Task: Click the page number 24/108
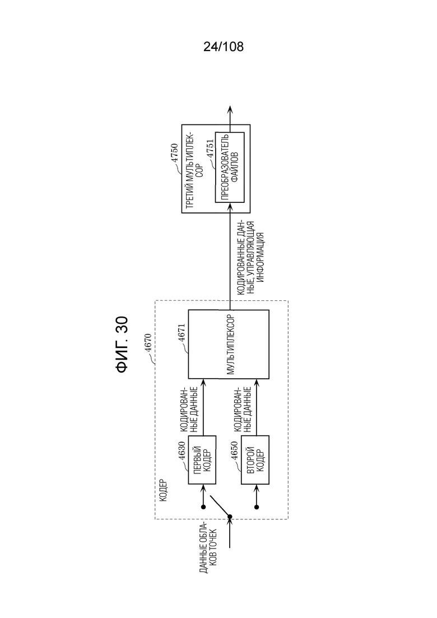pyautogui.click(x=224, y=47)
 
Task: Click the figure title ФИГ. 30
pyautogui.click(x=122, y=344)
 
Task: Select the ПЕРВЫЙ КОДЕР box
pyautogui.click(x=202, y=459)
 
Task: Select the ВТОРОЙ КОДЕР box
pyautogui.click(x=255, y=459)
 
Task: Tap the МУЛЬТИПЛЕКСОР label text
pyautogui.click(x=230, y=344)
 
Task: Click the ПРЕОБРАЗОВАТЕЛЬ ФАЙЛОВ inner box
pyautogui.click(x=230, y=167)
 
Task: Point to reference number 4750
pyautogui.click(x=174, y=152)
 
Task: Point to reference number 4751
pyautogui.click(x=210, y=148)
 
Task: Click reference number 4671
pyautogui.click(x=182, y=333)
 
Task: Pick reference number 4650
pyautogui.click(x=234, y=451)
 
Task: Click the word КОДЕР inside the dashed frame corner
pyautogui.click(x=164, y=490)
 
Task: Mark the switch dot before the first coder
pyautogui.click(x=203, y=507)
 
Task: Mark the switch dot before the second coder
pyautogui.click(x=257, y=507)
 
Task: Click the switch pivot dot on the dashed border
pyautogui.click(x=230, y=517)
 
